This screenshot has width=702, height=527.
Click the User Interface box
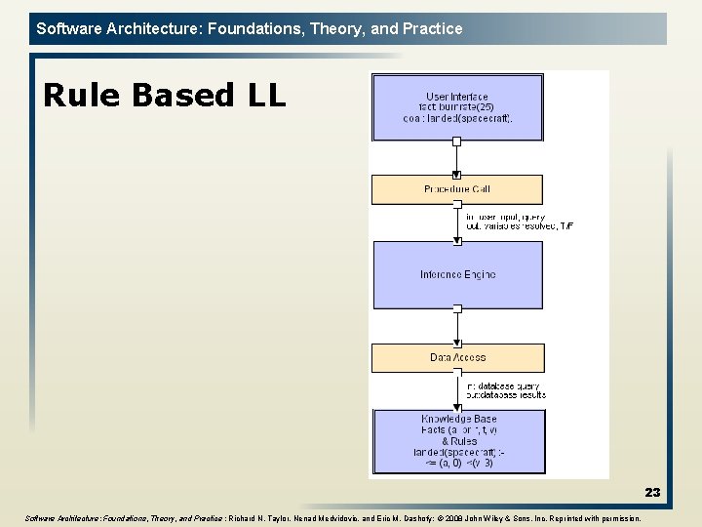(456, 107)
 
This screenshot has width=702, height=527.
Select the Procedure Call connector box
(456, 189)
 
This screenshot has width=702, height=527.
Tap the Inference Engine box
(457, 274)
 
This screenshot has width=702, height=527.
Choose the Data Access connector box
(457, 358)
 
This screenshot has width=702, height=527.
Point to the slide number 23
(652, 493)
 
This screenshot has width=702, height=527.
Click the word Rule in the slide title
(83, 96)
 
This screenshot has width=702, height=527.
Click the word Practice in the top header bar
(431, 28)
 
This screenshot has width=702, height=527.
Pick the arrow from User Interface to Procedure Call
(456, 159)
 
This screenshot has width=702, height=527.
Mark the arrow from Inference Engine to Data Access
(456, 327)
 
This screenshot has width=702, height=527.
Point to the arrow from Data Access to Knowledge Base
(456, 390)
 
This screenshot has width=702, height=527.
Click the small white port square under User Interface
(456, 142)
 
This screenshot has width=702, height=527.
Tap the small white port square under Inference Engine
(456, 311)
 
